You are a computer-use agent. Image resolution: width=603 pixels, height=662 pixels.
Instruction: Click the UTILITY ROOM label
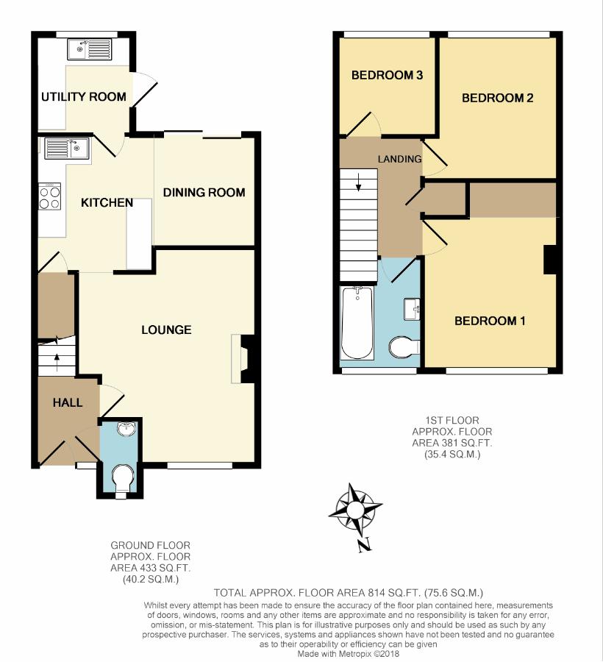click(x=84, y=96)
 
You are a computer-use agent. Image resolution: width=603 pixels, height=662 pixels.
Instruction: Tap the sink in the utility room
click(x=89, y=49)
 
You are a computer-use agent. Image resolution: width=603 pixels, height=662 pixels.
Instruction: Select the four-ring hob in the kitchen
click(x=50, y=196)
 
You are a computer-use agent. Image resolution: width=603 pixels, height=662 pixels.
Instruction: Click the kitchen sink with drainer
click(x=67, y=148)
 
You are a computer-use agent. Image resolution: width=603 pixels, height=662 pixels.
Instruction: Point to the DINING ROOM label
click(x=204, y=193)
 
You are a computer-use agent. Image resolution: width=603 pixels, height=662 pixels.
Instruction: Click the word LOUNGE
click(x=166, y=330)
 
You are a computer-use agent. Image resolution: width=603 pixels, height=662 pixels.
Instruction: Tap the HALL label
click(x=68, y=403)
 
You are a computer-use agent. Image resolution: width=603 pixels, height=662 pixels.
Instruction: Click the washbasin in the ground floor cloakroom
click(x=127, y=427)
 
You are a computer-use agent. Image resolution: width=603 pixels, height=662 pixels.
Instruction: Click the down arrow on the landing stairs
click(x=358, y=182)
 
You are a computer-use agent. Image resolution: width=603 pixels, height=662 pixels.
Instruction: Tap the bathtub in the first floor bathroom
click(x=357, y=323)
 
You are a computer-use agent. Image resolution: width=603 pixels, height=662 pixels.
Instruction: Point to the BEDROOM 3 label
click(x=387, y=75)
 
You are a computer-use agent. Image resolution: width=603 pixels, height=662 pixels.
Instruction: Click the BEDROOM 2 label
click(x=498, y=98)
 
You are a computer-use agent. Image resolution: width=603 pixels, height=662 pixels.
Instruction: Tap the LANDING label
click(x=399, y=159)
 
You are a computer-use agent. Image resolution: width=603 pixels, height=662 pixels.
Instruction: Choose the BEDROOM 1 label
click(x=490, y=321)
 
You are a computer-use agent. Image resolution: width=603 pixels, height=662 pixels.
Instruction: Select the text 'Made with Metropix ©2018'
click(x=348, y=654)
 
